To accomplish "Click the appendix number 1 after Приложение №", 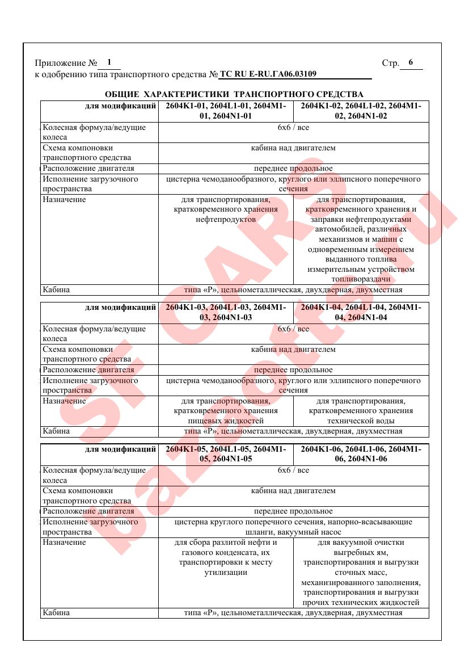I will (x=109, y=62).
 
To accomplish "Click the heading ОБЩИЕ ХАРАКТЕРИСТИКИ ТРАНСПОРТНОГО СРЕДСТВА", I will (x=234, y=94).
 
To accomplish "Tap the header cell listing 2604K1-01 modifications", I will (x=226, y=111).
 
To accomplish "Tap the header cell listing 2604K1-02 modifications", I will (x=361, y=111).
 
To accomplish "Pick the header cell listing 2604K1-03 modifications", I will (x=226, y=313).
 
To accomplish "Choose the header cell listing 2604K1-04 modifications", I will (x=361, y=313).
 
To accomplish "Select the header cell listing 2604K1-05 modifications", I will (x=226, y=454).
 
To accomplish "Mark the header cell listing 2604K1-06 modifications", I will (x=361, y=454).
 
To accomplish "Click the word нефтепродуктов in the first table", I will (x=226, y=219).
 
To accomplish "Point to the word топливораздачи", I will (x=361, y=280).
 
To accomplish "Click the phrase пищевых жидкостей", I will (x=226, y=421).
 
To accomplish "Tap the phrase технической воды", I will (x=361, y=421).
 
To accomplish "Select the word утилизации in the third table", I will (x=226, y=573).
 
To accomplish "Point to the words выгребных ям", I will (x=361, y=552).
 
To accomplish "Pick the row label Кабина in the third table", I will (x=56, y=612).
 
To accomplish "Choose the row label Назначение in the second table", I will (x=64, y=401).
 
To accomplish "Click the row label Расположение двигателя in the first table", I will (x=88, y=169).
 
